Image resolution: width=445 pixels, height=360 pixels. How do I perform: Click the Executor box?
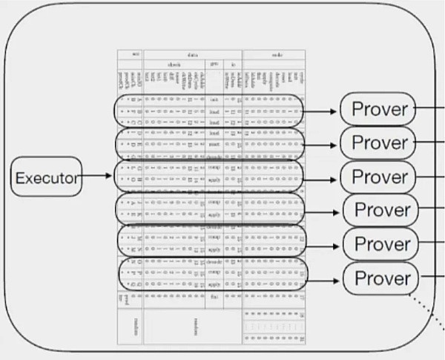pos(47,177)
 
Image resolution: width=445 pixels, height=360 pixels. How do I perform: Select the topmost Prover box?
pos(380,110)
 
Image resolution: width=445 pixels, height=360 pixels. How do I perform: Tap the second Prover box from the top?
pos(380,142)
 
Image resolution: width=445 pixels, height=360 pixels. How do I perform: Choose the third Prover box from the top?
pos(380,177)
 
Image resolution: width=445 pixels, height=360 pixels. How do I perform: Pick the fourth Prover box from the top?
pos(381,210)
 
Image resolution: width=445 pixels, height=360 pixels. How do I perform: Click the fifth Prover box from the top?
pos(381,243)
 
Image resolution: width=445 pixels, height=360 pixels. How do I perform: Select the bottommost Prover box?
pos(381,278)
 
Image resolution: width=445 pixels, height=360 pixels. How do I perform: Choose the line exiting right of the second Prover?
pos(432,140)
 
